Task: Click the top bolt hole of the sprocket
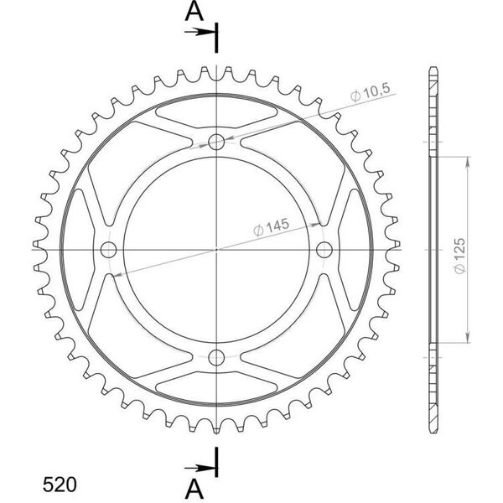pyautogui.click(x=216, y=142)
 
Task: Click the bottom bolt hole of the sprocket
pyautogui.click(x=216, y=357)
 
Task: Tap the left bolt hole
pyautogui.click(x=108, y=250)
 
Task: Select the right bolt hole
pyautogui.click(x=324, y=250)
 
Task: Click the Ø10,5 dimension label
pyautogui.click(x=371, y=91)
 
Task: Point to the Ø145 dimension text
pyautogui.click(x=272, y=227)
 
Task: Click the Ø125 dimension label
pyautogui.click(x=459, y=256)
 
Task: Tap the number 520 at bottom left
pyautogui.click(x=60, y=485)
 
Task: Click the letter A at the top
pyautogui.click(x=194, y=12)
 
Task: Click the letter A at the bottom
pyautogui.click(x=194, y=490)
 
